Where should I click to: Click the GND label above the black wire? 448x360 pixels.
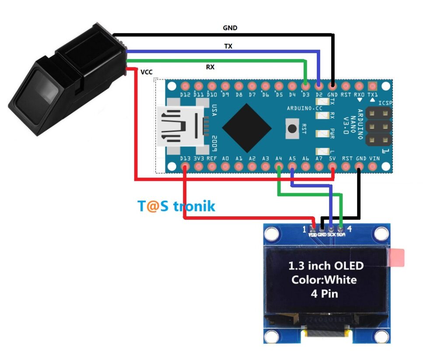tap(230, 28)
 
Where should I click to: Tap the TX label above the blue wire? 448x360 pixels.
tap(228, 46)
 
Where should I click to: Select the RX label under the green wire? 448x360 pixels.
tap(210, 67)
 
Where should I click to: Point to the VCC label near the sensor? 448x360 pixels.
tap(147, 72)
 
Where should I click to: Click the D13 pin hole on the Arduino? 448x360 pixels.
tap(185, 166)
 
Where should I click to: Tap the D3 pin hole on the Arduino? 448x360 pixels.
tap(306, 85)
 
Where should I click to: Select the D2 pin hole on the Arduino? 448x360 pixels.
tap(319, 85)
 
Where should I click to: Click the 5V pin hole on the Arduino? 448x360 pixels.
tap(332, 166)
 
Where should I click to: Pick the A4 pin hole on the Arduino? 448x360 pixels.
tap(279, 166)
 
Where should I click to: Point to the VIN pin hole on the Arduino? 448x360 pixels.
tap(373, 166)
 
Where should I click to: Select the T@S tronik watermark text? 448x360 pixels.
tap(177, 206)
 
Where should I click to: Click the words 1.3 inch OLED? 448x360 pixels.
tap(325, 265)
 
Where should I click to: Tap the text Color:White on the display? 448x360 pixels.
tap(324, 279)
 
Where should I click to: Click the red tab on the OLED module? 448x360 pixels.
tap(397, 258)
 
